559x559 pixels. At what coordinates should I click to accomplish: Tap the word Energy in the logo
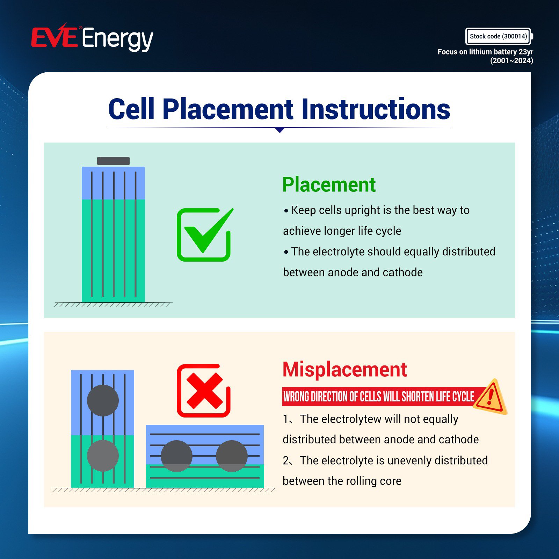pos(118,39)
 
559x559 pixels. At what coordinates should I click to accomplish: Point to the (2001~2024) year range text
pos(511,61)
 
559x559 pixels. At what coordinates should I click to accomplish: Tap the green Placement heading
pos(329,185)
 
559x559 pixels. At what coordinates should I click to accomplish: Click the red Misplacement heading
pos(345,369)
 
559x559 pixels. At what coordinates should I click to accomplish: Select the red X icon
pos(204,391)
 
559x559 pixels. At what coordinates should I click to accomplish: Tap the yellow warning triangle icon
pos(491,397)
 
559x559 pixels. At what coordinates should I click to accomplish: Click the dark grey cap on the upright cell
pos(113,161)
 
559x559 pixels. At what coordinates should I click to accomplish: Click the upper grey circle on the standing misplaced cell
pos(103,400)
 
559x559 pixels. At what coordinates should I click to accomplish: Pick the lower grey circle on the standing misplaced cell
pos(103,456)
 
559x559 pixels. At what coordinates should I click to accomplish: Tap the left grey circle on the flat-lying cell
pos(176,456)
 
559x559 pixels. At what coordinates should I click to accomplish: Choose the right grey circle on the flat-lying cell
pos(232,456)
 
